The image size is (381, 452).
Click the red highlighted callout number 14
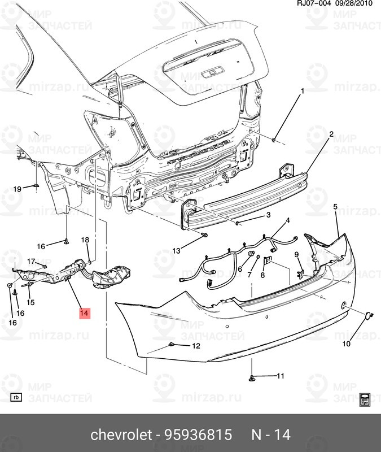[x=84, y=313]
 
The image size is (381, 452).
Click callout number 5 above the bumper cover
[x=335, y=208]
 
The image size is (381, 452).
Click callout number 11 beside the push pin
[x=280, y=375]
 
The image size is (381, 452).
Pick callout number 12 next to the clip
[x=196, y=346]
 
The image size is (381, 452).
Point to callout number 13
[x=176, y=250]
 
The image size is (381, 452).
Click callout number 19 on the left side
[x=17, y=189]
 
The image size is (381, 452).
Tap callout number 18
[x=85, y=240]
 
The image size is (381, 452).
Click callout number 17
[x=31, y=261]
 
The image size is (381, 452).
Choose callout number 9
[x=296, y=255]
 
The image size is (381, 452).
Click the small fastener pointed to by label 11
[x=253, y=377]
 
